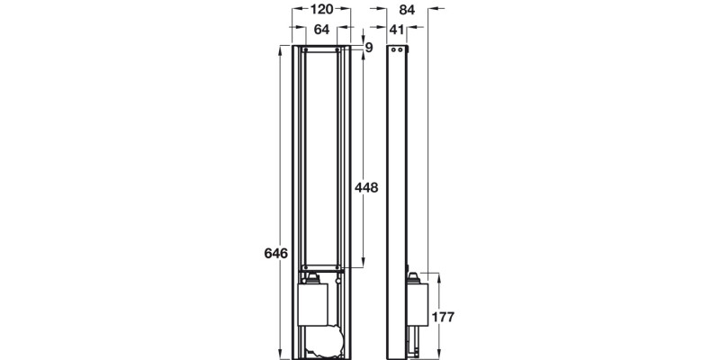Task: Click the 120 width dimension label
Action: click(321, 10)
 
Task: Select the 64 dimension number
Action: click(321, 30)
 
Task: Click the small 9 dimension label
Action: click(368, 47)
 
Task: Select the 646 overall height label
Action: click(275, 255)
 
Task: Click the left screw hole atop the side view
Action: click(400, 49)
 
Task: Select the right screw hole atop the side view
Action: click(406, 49)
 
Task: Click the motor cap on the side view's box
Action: click(414, 278)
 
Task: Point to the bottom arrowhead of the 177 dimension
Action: click(438, 354)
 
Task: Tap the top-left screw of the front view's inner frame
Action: click(307, 49)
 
